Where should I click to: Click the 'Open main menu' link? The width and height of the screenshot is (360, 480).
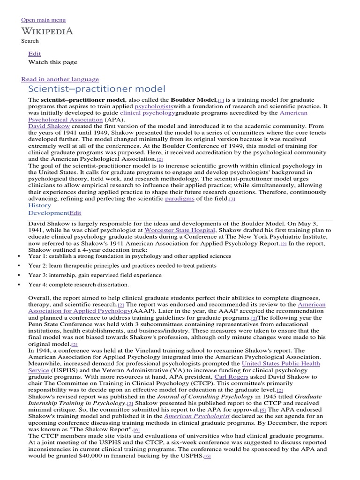tap(43, 20)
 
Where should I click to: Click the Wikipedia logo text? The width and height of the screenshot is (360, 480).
tap(47, 31)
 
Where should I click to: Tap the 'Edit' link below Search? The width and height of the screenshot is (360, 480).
tap(35, 54)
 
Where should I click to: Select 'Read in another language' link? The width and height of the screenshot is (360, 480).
tap(60, 79)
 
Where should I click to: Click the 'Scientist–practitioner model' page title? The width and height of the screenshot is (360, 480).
tap(97, 89)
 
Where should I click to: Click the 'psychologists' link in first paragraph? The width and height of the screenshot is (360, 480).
tap(154, 106)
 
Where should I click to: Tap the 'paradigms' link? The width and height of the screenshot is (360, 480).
tap(180, 199)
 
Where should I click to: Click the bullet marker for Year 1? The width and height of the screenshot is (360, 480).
tap(18, 256)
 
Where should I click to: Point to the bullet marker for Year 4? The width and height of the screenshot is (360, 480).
tap(18, 285)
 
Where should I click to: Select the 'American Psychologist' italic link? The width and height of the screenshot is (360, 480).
tap(196, 416)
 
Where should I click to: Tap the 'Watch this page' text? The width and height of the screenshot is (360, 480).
tap(53, 62)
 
